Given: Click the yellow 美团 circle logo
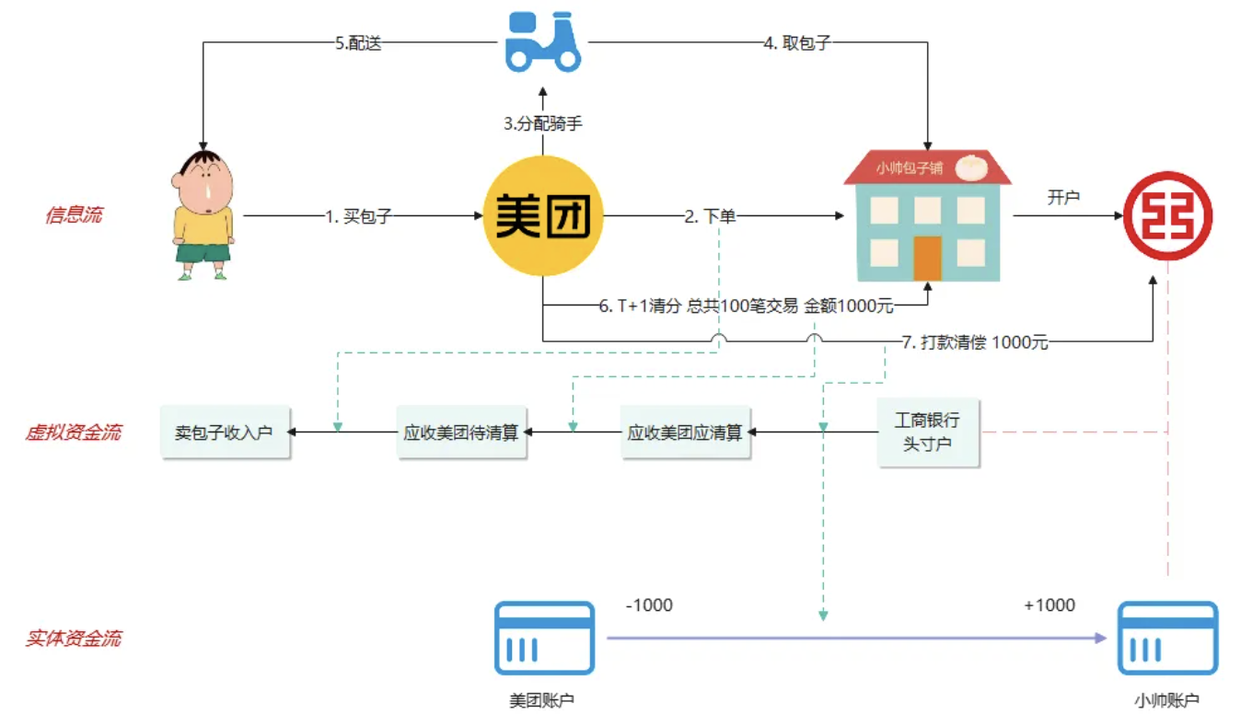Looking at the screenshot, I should point(543,216).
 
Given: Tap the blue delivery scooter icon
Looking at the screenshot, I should point(543,42).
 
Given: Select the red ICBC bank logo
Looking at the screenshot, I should point(1167,216).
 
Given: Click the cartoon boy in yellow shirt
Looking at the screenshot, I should point(203,213).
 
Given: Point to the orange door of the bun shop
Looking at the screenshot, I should point(927,258).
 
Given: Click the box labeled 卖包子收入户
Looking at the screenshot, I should point(225,432).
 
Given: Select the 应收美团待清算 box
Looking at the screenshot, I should point(460,432).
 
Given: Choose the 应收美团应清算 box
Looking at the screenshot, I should point(685,432).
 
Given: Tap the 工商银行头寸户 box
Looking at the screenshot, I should point(927,432).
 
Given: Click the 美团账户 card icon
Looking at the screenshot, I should point(544,638).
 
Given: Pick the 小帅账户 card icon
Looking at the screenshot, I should point(1167,638).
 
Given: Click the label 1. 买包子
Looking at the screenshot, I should point(359,217).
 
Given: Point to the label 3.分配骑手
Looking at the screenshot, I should point(543,123).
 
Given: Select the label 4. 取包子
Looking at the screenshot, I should point(797,43).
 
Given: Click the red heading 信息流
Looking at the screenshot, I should point(74,215).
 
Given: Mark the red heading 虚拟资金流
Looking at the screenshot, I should point(73,432).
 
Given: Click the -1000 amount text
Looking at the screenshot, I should point(649,605).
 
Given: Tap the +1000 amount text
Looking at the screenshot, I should point(1049,605).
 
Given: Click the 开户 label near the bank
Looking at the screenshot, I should point(1063,197).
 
